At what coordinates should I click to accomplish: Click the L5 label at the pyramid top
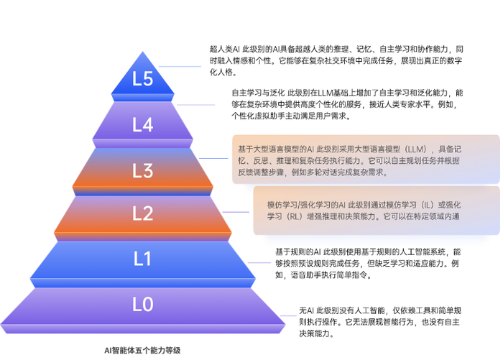pos(144,80)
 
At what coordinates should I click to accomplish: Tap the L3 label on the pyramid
pos(144,170)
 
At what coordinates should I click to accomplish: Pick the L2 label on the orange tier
pos(144,213)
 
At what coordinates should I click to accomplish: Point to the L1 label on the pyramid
pos(144,259)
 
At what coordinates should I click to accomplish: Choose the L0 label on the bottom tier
pos(144,305)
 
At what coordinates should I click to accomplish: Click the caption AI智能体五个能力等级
pos(142,351)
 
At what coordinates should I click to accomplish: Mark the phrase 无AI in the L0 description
pos(306,310)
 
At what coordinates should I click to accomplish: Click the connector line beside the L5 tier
pos(180,67)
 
